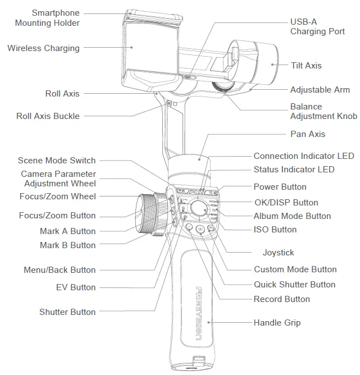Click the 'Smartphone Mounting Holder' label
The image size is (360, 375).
[47, 18]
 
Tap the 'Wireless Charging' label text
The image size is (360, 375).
[43, 48]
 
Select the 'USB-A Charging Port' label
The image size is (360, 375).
[317, 26]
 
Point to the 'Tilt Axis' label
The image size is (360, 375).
[306, 66]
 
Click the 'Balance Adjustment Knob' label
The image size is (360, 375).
[323, 111]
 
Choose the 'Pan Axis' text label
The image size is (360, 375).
[307, 134]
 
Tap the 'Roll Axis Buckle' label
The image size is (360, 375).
[48, 116]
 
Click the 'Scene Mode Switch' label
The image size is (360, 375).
[57, 161]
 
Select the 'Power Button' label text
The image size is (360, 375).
[280, 187]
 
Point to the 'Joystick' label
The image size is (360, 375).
[278, 253]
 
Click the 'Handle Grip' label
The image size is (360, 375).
[277, 323]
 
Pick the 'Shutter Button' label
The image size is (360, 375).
[67, 312]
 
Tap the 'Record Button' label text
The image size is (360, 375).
[281, 299]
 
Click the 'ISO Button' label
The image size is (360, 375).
[275, 230]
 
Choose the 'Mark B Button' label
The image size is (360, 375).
[67, 245]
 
